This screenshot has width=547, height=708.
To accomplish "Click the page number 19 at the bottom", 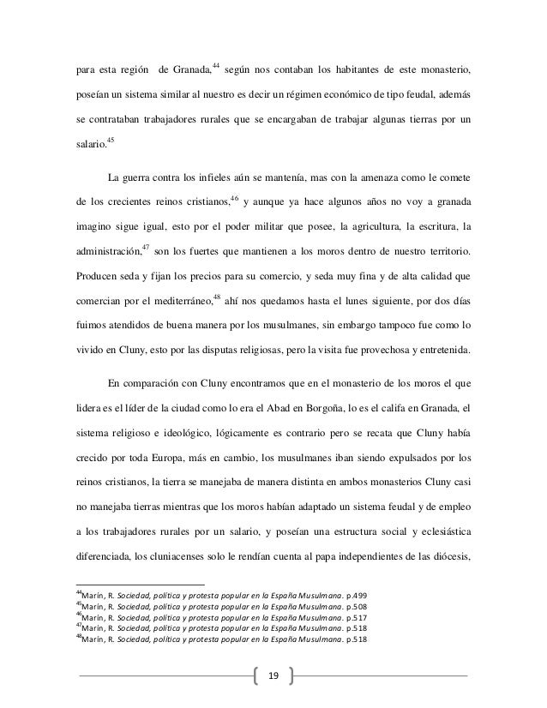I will (273, 675).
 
